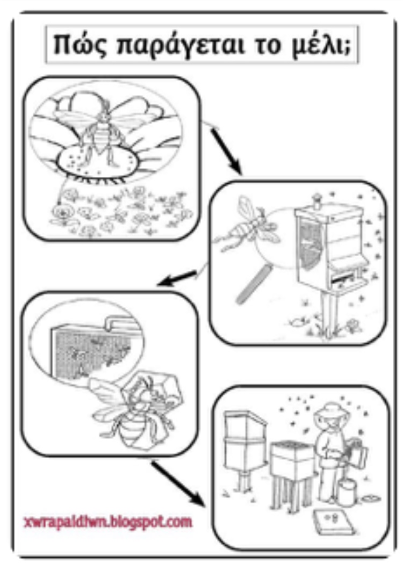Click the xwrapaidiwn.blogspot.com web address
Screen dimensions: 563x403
[107, 521]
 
